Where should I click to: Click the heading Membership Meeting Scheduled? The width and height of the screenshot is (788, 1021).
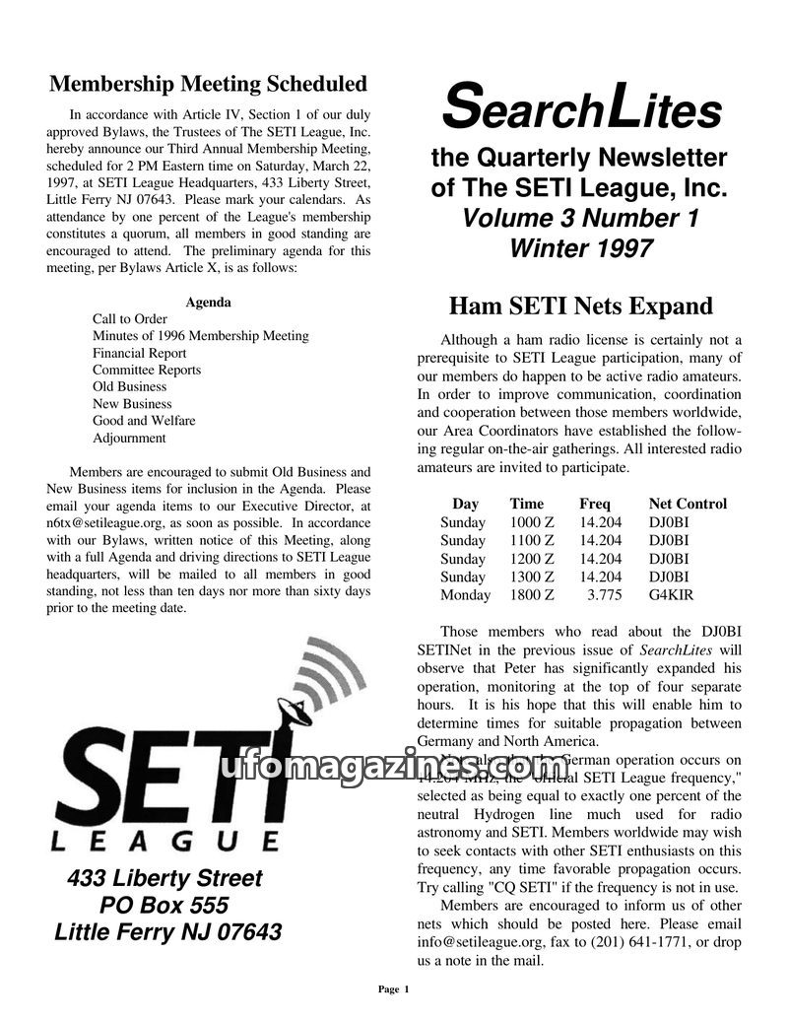point(208,84)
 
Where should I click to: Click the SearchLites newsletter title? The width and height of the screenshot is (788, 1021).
point(580,108)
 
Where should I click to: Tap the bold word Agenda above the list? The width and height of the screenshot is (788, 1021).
point(208,303)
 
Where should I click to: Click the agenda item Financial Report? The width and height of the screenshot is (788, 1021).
point(139,353)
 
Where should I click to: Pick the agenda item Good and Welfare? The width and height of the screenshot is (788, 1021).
point(144,421)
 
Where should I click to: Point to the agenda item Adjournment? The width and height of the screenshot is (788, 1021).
point(129,438)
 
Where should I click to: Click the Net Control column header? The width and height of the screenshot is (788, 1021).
point(688,504)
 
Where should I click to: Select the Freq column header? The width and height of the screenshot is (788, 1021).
point(595,504)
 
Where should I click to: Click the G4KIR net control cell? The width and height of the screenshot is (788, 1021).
point(671,594)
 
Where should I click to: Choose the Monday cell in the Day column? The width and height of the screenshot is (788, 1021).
point(465,594)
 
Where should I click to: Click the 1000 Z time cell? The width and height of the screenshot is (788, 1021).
point(532,522)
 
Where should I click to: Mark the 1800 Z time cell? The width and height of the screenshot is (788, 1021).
point(532,594)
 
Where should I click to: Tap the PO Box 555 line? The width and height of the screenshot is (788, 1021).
point(164,905)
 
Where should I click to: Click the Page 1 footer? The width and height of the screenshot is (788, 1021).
point(394,988)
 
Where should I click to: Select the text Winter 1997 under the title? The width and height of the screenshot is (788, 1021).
point(580,247)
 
